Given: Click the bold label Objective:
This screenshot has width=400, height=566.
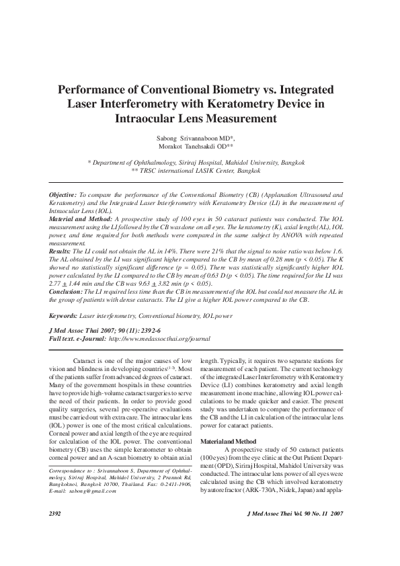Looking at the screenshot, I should [63, 194].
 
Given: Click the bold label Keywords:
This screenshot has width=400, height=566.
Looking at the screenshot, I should [63, 315].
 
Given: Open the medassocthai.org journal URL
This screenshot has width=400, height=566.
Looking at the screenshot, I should [159, 339].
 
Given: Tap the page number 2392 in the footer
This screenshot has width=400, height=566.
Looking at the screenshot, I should [56, 532].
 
